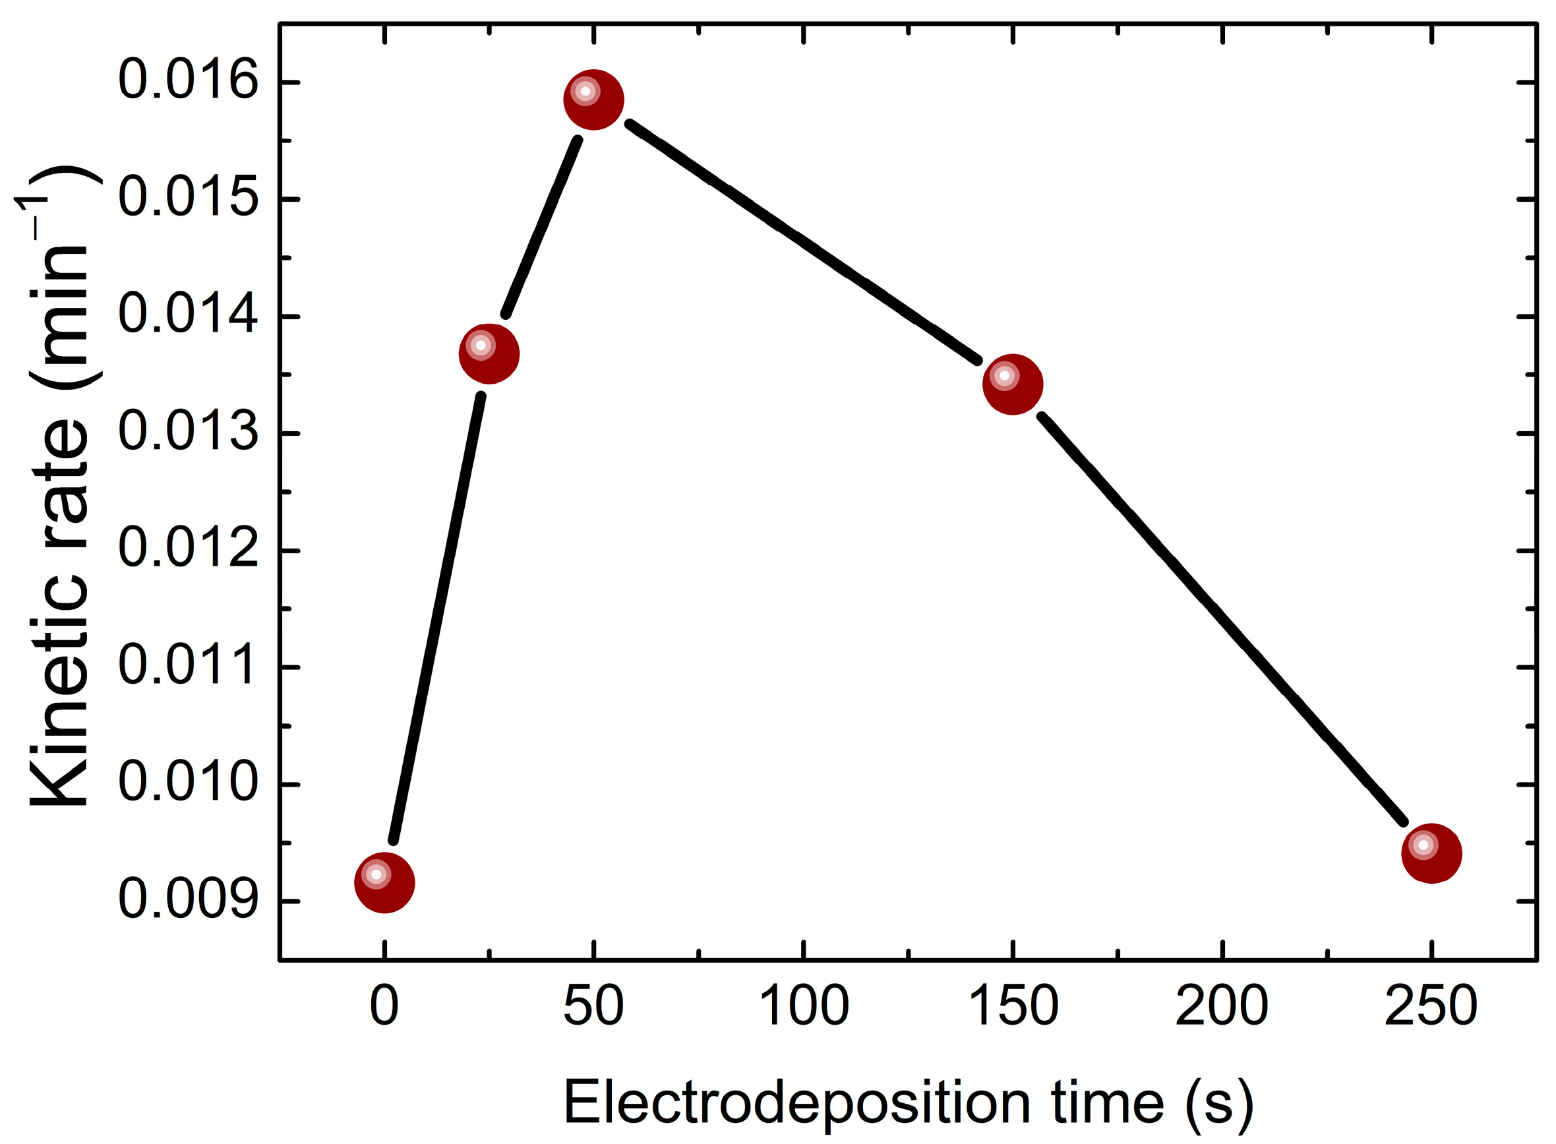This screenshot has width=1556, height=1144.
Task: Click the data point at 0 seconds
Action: click(384, 883)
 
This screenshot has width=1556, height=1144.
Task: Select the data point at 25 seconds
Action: click(489, 354)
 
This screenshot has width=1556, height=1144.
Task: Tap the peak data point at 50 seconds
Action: click(593, 100)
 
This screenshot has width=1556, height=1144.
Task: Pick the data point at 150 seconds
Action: click(1013, 384)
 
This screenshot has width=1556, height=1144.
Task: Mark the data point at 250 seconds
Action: click(1431, 853)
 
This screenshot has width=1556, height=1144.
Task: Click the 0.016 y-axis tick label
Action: click(188, 81)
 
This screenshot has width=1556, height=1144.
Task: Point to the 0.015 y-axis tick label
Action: click(188, 198)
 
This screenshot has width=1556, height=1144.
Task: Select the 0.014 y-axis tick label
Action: click(188, 315)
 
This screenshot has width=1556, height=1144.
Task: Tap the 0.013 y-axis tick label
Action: click(188, 433)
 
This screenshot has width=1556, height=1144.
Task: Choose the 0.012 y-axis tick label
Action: click(188, 550)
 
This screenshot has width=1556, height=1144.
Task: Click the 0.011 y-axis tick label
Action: click(188, 667)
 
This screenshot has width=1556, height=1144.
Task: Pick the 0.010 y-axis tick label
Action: click(188, 784)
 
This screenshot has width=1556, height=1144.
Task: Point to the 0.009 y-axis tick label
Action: click(188, 901)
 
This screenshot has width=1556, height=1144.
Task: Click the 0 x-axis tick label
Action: click(384, 1007)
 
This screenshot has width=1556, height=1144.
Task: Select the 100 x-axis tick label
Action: click(803, 1007)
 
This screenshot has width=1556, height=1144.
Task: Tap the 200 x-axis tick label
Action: click(1222, 1007)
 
